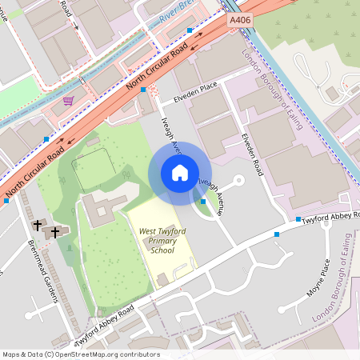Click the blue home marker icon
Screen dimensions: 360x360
pyautogui.click(x=180, y=173)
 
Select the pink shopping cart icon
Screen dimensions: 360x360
pyautogui.click(x=69, y=101)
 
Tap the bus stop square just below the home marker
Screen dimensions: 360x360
pyautogui.click(x=202, y=202)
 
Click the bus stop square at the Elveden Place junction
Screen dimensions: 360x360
pyautogui.click(x=142, y=90)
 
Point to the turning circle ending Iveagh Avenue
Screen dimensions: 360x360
pyautogui.click(x=239, y=180)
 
